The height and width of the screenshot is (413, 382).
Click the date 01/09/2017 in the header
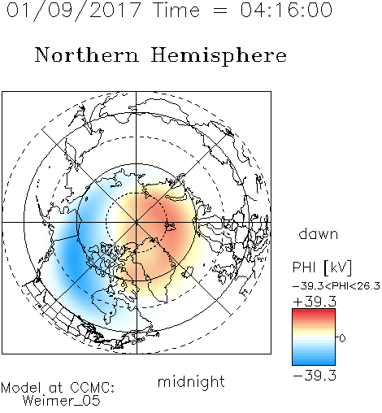[73, 10]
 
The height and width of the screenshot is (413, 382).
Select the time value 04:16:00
[286, 10]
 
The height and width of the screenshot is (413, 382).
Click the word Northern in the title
[87, 55]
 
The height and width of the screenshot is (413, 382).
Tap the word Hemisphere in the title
[219, 55]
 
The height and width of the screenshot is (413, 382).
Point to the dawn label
[319, 233]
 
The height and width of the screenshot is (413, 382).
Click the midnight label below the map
[191, 381]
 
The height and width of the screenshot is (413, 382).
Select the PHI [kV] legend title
[322, 267]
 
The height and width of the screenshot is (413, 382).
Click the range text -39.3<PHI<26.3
[336, 286]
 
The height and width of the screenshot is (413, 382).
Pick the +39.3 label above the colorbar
[315, 302]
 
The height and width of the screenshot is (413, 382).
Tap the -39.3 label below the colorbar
[315, 376]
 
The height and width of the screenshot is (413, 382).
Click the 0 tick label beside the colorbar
[342, 338]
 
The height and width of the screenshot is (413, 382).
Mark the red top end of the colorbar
[314, 311]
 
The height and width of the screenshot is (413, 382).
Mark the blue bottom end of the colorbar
[314, 363]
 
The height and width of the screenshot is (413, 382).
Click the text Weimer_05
[62, 400]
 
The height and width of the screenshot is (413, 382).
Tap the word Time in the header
[176, 10]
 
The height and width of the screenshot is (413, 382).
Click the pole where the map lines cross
[137, 223]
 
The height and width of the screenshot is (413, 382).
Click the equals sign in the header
[219, 11]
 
